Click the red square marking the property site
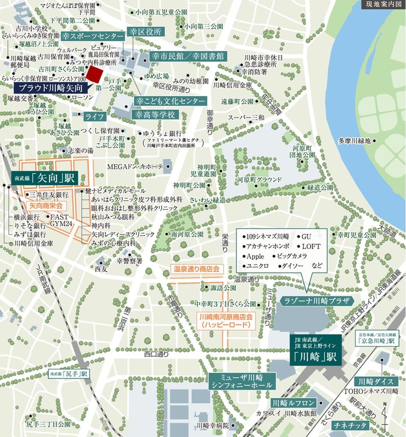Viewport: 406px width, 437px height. [x=95, y=75]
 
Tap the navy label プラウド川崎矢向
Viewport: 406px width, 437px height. [x=50, y=89]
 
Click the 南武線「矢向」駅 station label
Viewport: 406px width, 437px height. [x=44, y=178]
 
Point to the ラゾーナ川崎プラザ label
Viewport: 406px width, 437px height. [x=316, y=300]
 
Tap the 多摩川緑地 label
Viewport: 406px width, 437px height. [x=353, y=140]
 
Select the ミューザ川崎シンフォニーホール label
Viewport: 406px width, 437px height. [x=242, y=381]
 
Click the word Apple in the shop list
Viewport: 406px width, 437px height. [x=255, y=256]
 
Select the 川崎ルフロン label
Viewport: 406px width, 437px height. [x=294, y=403]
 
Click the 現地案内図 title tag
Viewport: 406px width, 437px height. [x=383, y=5]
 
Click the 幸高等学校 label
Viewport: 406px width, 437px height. [x=155, y=115]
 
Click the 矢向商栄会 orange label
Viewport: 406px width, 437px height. [x=48, y=205]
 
